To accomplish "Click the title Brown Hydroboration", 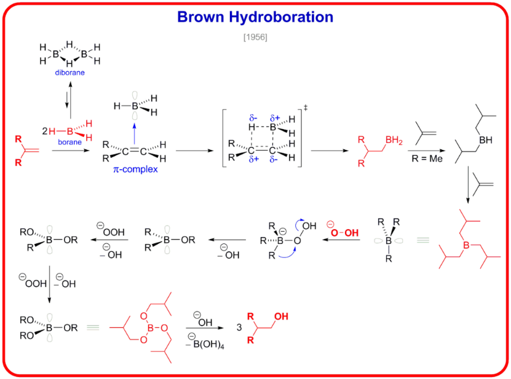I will pos(255,17).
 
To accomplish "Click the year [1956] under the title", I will pos(255,37).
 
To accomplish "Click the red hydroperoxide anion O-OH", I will pos(340,233).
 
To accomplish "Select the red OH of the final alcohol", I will pos(280,317).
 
